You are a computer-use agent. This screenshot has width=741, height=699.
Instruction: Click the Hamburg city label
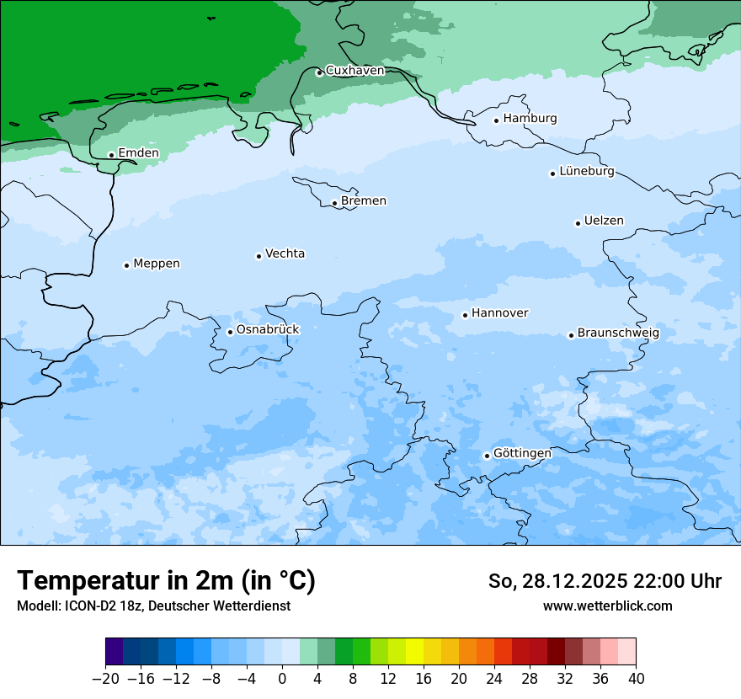tap(530, 119)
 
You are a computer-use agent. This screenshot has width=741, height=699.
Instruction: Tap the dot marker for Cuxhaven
tap(319, 72)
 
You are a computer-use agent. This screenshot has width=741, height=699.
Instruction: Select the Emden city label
tap(138, 152)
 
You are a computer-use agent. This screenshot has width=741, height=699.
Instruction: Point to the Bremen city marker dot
tap(334, 203)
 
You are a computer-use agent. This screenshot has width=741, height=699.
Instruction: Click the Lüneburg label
tap(586, 171)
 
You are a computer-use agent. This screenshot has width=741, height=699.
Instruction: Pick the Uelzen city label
tap(604, 221)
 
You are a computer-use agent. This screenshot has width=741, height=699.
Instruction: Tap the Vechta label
tap(285, 253)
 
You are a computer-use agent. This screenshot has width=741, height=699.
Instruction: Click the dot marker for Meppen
tap(126, 265)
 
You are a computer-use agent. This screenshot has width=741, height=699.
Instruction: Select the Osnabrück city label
tap(268, 329)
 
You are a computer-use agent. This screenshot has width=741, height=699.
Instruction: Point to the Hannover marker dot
tap(465, 316)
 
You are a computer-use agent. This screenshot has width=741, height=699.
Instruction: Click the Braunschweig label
tap(618, 333)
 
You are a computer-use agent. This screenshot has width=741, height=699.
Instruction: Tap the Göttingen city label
tap(522, 453)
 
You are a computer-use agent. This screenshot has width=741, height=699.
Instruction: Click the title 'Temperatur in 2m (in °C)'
tap(166, 580)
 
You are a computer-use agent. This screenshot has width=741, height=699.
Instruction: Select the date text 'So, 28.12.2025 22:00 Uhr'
tap(605, 581)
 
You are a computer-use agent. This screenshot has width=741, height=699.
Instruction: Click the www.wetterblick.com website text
tap(607, 606)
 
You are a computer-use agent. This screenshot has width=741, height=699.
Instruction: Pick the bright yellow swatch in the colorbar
tap(414, 651)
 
